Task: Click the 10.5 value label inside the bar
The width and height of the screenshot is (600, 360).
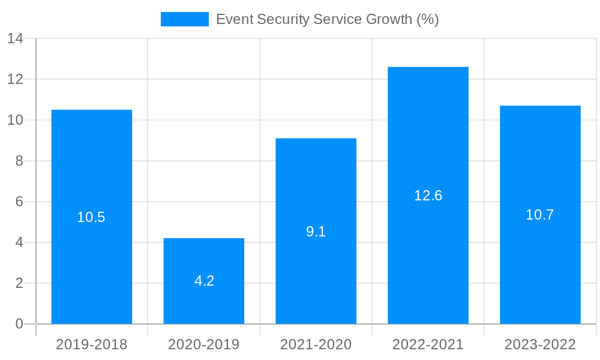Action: [91, 218]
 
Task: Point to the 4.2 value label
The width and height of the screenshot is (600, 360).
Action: [204, 281]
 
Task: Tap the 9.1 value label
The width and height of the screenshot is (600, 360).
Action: [316, 232]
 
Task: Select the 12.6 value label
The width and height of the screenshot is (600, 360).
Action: [428, 196]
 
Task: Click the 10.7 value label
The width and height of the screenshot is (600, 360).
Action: [540, 215]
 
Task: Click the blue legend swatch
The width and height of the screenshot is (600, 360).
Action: [185, 19]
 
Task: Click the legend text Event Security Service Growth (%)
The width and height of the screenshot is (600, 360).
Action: [328, 19]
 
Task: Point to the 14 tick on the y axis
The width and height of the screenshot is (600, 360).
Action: [15, 39]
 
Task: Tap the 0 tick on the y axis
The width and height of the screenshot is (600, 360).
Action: [19, 324]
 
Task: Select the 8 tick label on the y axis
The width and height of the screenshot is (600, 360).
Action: [19, 161]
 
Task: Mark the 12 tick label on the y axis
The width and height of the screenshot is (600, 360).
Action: [15, 79]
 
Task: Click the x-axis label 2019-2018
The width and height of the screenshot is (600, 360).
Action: [92, 344]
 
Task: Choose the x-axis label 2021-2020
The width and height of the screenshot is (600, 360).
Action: [316, 344]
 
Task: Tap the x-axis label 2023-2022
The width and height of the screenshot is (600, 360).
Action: [540, 344]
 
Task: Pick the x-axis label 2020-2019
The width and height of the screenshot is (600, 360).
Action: [204, 344]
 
